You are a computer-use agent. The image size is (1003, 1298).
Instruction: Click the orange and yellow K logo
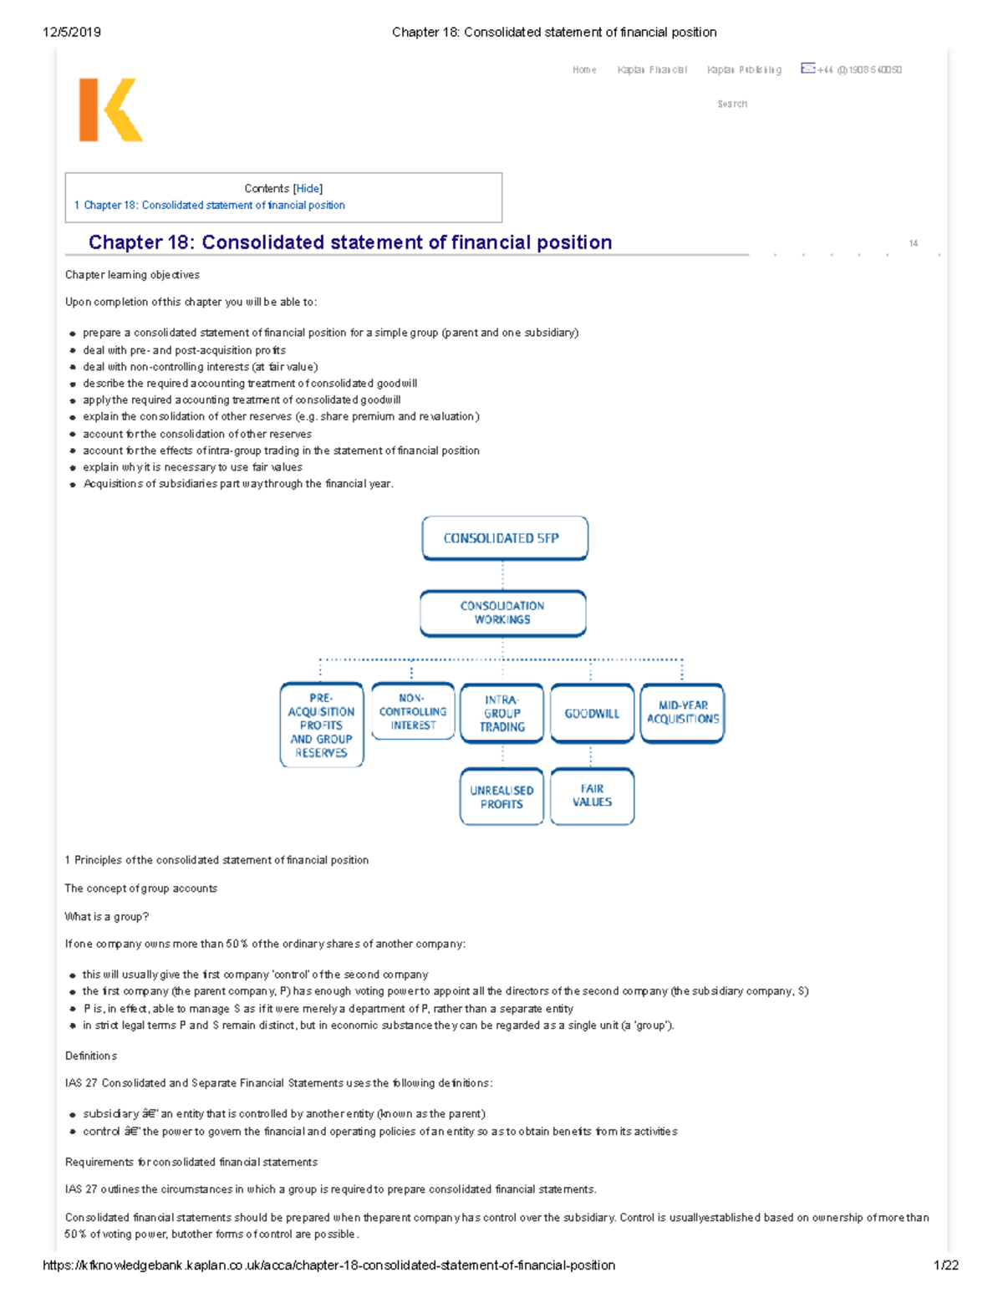(x=110, y=110)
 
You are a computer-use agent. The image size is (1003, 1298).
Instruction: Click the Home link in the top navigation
(x=584, y=70)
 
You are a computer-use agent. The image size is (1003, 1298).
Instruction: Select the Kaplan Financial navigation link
(x=652, y=70)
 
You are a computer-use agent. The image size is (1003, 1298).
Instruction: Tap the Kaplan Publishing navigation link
(x=744, y=70)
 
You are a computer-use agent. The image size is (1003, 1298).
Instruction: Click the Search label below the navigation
(x=732, y=104)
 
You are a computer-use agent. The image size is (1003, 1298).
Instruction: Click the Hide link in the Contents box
(x=308, y=189)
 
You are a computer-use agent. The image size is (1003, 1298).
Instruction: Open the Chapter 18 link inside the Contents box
(x=214, y=206)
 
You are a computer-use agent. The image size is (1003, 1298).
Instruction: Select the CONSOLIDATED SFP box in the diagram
(x=505, y=538)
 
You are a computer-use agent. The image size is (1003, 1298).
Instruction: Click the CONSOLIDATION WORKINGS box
(x=502, y=613)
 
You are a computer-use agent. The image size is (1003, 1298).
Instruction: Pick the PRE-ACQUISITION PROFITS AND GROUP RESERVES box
(x=322, y=725)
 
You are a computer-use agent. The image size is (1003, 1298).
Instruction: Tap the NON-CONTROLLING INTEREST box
(x=413, y=711)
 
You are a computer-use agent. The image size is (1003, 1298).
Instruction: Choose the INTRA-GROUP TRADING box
(x=501, y=713)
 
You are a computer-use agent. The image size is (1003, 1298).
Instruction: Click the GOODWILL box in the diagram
(x=592, y=714)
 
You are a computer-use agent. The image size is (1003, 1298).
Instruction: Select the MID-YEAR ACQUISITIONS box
(x=682, y=712)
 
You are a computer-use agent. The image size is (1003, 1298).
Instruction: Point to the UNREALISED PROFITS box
(x=501, y=797)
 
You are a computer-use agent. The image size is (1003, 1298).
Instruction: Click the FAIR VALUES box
(x=592, y=795)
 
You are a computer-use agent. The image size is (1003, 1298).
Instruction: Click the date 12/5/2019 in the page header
(x=72, y=33)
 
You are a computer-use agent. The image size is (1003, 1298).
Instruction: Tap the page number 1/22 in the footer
(x=945, y=1265)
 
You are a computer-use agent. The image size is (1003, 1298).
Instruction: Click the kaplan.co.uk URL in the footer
(x=328, y=1265)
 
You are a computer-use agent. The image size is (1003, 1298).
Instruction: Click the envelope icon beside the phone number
(x=807, y=69)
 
